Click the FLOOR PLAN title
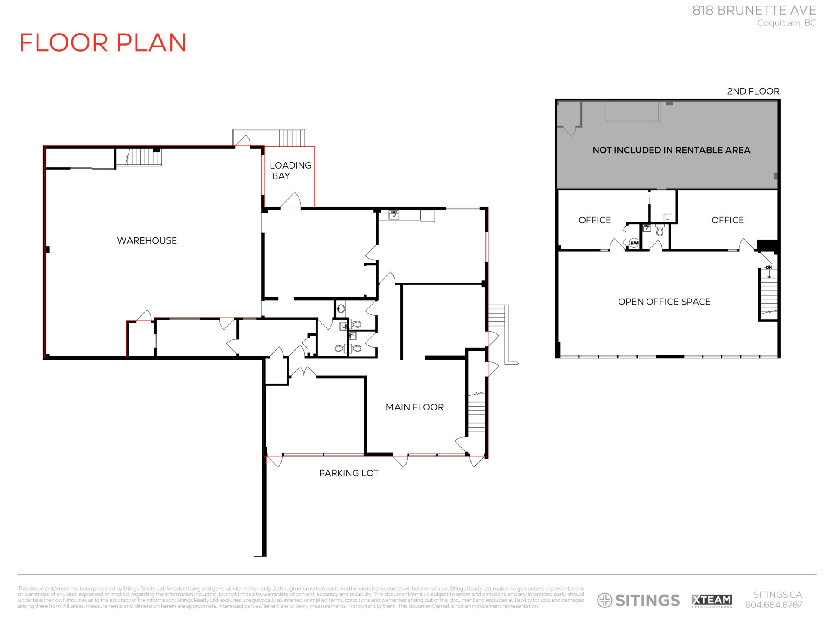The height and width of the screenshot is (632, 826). (103, 43)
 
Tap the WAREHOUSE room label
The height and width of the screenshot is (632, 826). (147, 240)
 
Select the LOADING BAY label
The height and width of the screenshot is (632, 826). (290, 171)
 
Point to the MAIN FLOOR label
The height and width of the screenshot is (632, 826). (414, 407)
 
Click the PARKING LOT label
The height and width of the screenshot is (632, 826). (348, 473)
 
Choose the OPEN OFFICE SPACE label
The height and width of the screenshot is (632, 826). (664, 302)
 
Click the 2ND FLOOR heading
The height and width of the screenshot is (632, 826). (753, 91)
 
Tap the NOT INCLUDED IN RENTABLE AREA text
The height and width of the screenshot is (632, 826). (671, 150)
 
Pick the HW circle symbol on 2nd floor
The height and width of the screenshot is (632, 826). (634, 243)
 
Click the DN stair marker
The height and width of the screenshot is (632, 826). (769, 268)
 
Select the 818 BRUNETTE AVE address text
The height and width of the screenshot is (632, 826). (754, 10)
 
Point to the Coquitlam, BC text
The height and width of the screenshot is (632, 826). (786, 23)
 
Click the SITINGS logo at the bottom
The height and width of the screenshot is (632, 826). (638, 600)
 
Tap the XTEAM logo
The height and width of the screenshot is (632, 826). (712, 600)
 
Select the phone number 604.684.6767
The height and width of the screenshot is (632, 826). (774, 605)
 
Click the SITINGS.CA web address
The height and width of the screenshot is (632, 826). (777, 595)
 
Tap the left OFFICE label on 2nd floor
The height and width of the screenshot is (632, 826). (595, 220)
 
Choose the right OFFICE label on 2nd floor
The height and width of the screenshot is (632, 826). (727, 220)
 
